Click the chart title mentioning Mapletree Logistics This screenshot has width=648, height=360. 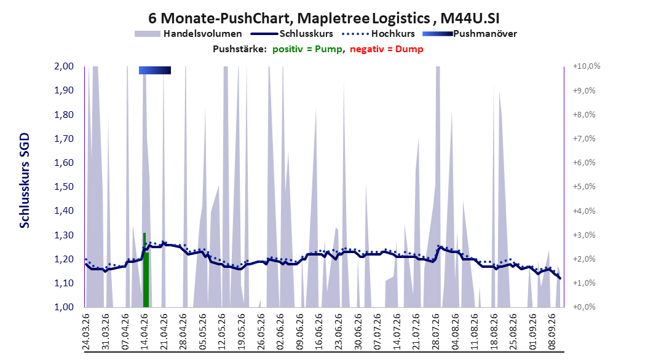coord(323,18)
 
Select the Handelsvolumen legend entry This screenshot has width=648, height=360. coord(188,34)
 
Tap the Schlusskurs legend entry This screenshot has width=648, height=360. coord(292,34)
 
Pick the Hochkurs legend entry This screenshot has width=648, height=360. coord(378,34)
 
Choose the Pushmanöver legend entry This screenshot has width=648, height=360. coord(470,34)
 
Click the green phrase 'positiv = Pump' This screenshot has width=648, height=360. coord(307,49)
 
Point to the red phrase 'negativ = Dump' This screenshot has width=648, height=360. coord(387,49)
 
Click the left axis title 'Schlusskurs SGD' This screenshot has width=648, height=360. coord(25,181)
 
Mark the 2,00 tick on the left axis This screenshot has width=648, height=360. coord(64,66)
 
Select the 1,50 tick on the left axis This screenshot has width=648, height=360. coord(64,186)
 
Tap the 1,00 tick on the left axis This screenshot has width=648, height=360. coord(64,307)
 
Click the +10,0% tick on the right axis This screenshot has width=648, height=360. coord(587,66)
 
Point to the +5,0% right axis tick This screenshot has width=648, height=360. coord(584,186)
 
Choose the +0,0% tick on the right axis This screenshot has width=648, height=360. coord(584,307)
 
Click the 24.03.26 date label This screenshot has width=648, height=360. coord(86,332)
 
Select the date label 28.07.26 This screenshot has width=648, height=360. coord(436,332)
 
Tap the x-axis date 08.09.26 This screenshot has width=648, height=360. coord(553,332)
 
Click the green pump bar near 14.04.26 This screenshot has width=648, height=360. coord(146,270)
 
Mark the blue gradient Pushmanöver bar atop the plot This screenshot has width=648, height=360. coord(155,70)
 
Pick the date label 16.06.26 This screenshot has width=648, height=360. coord(319,332)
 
